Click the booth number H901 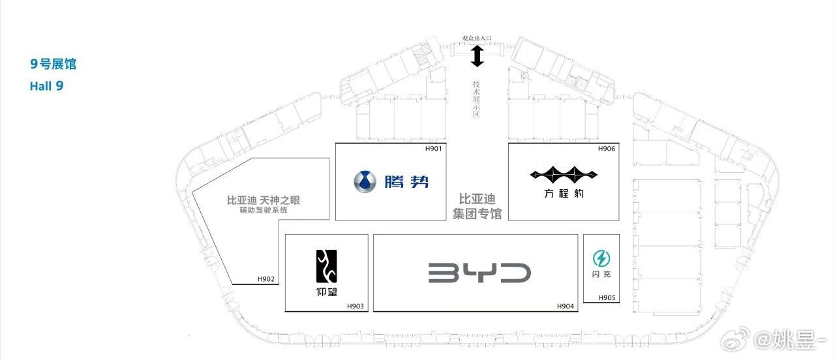click(433, 149)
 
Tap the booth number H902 click(266, 278)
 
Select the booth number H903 click(356, 306)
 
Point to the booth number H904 click(565, 306)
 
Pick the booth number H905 click(607, 297)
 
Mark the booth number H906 click(607, 149)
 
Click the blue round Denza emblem click(365, 182)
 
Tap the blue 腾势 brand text click(406, 182)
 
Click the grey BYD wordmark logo click(479, 273)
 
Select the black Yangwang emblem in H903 click(327, 266)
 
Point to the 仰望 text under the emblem click(327, 292)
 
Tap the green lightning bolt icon click(601, 258)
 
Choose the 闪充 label click(601, 275)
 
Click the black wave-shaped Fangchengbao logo click(564, 173)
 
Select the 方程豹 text click(564, 194)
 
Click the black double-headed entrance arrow click(477, 56)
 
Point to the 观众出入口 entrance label click(477, 38)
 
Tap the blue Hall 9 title click(46, 86)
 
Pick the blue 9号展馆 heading click(53, 64)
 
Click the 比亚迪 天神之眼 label click(264, 200)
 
